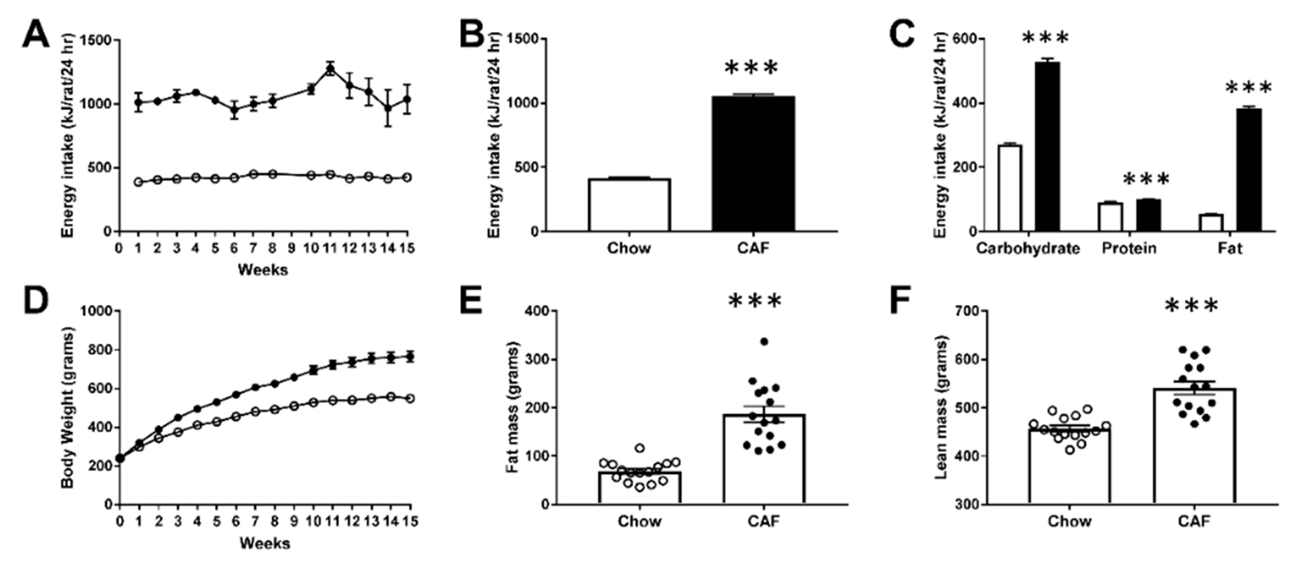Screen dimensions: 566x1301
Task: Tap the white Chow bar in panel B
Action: (629, 205)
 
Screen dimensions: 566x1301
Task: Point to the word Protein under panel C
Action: (1129, 249)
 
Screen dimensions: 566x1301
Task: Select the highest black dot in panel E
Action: (764, 342)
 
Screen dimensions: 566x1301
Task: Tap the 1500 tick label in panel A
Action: (97, 41)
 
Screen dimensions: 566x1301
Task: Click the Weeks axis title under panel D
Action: (264, 543)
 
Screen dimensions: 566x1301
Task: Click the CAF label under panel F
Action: (1194, 521)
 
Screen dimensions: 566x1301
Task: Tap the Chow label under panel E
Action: (639, 521)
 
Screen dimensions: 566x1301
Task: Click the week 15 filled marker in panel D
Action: (410, 357)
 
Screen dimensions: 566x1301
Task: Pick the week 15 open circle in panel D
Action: (410, 398)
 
